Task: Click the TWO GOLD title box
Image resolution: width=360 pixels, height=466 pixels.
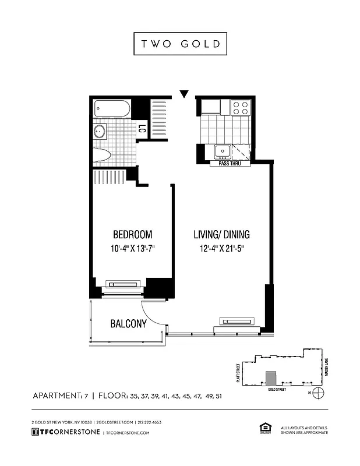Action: (x=180, y=44)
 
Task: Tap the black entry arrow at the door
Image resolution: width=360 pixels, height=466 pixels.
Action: (x=184, y=94)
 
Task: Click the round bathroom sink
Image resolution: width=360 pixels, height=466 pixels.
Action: (x=100, y=132)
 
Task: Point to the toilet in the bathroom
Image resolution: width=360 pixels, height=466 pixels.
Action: (x=102, y=154)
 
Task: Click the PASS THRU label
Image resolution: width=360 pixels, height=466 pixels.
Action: (x=230, y=164)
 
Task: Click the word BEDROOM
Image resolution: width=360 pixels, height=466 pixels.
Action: (x=132, y=235)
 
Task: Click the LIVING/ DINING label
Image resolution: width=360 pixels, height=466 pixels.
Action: (x=221, y=235)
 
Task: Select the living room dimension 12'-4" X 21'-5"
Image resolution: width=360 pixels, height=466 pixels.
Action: (x=221, y=249)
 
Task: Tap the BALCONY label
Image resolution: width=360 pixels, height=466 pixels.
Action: (x=128, y=324)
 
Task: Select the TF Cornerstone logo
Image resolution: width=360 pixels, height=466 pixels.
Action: (x=65, y=432)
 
